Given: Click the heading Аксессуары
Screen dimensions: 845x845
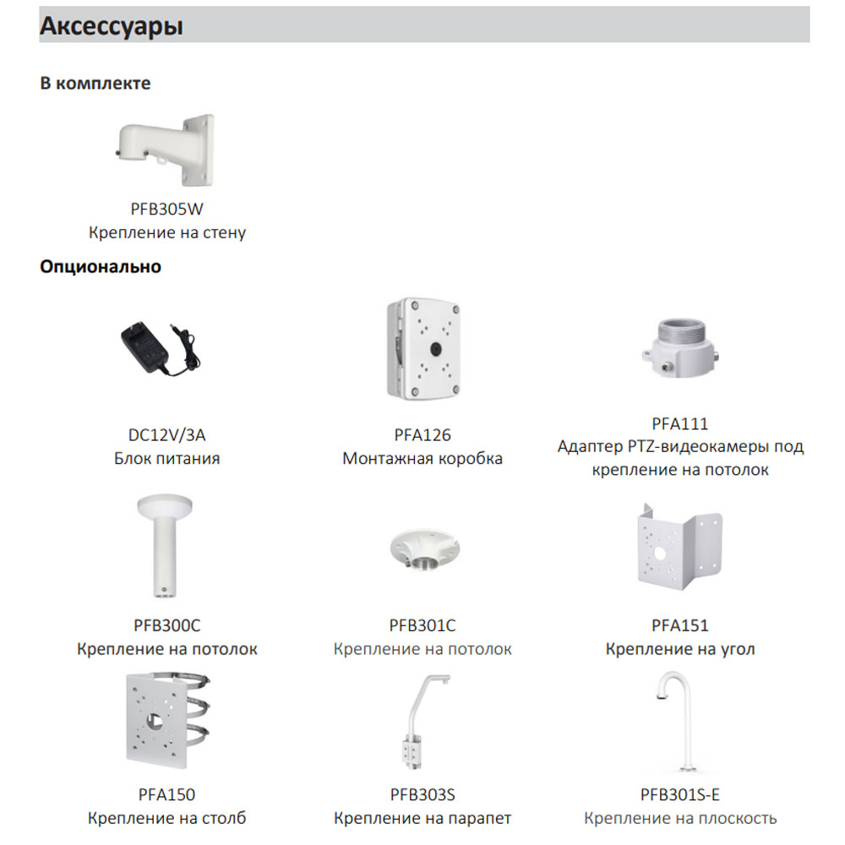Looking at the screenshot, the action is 112,26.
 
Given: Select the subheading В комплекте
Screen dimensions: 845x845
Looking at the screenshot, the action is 95,83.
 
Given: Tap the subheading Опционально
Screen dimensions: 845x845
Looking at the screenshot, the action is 101,266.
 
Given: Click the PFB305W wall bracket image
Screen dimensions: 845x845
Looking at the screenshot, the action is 166,150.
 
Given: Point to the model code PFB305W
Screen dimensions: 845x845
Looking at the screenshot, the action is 167,209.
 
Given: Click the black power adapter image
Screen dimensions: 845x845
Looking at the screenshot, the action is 160,349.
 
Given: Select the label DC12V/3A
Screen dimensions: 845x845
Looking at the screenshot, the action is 167,435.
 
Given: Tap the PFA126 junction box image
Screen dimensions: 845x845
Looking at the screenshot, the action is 423,349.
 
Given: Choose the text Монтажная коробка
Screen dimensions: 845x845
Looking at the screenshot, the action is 422,459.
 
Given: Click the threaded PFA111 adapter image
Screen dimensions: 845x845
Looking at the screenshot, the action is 681,347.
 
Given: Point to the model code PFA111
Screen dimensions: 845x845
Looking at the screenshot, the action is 680,423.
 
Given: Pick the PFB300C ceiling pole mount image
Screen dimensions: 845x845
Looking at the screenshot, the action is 165,547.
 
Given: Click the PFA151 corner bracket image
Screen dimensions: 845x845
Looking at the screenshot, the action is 680,547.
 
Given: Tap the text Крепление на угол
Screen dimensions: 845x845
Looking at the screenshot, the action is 680,649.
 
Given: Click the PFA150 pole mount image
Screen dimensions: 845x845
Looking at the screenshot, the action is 167,720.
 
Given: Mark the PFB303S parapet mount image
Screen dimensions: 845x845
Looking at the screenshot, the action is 424,721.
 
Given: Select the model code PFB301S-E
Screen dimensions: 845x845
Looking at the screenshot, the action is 680,794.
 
